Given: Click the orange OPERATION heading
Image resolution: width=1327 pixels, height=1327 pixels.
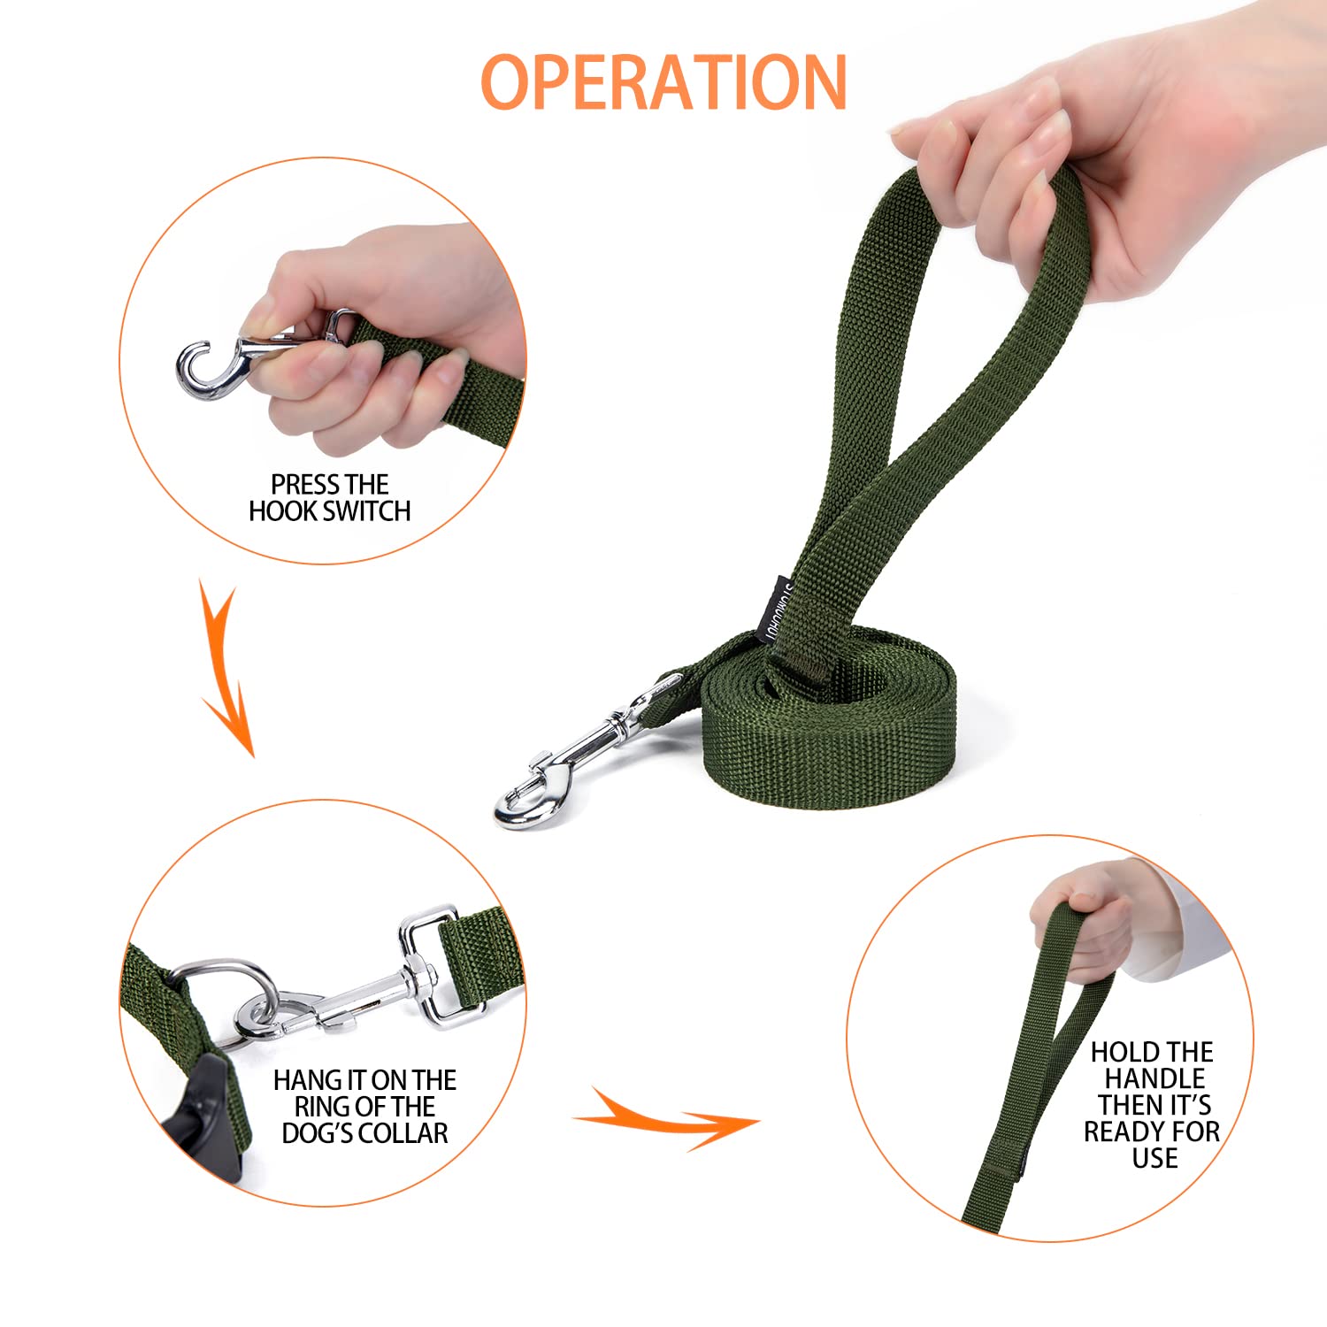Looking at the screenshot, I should coord(663,82).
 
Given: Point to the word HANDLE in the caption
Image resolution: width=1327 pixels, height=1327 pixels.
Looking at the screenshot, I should coord(1154,1078).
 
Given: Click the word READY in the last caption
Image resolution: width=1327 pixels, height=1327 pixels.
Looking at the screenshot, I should coord(1124,1131).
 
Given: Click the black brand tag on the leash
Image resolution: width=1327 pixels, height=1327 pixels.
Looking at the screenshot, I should coord(776,610).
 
